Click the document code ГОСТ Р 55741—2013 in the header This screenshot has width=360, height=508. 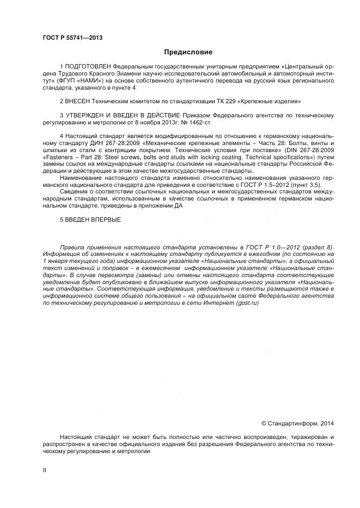72,37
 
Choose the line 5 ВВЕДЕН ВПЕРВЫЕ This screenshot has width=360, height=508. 90,219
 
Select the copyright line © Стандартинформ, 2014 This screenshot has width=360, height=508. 298,422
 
